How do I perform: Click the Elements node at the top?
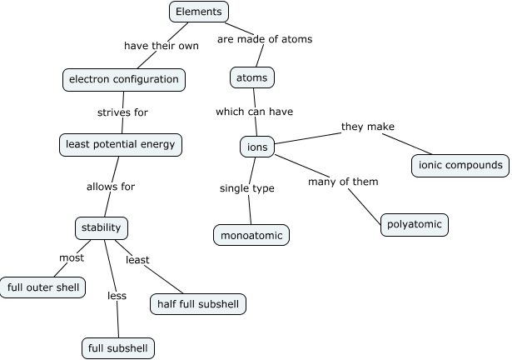198,12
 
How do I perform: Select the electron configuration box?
123,79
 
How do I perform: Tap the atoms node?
251,78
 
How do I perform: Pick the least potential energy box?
121,144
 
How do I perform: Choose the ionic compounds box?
460,165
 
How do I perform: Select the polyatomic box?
415,225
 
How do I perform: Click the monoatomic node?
251,236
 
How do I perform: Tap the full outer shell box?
42,288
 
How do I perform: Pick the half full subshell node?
197,304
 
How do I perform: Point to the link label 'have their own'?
162,46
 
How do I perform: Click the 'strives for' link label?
123,112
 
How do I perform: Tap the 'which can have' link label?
254,111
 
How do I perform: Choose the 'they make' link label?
367,127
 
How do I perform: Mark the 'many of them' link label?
343,181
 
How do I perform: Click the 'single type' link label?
246,188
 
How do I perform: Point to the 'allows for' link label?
111,187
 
